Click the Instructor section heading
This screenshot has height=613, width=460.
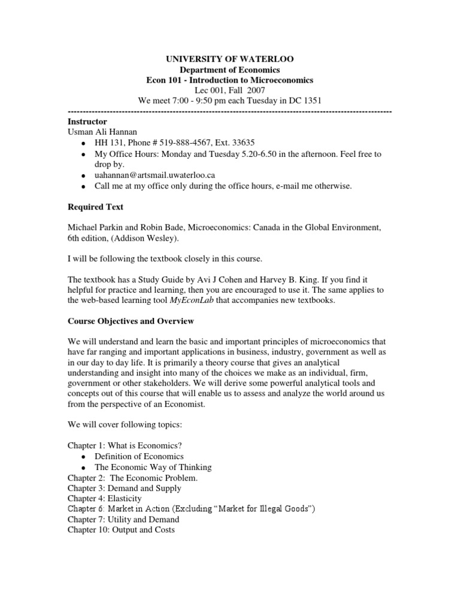(88, 122)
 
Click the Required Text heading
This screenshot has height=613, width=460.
(96, 207)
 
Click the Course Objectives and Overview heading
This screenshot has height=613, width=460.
(131, 321)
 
